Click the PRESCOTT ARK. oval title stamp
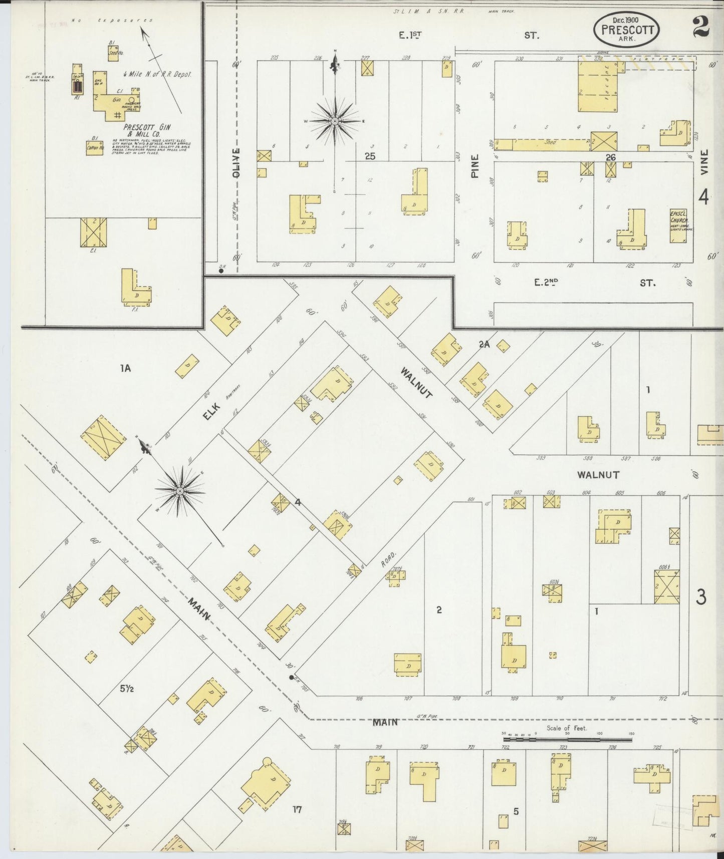click(626, 30)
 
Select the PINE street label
click(474, 165)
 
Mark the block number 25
click(370, 156)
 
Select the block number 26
click(610, 157)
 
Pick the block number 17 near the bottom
click(297, 809)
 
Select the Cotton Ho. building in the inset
click(94, 148)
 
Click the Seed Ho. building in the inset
click(113, 53)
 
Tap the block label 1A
click(125, 368)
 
